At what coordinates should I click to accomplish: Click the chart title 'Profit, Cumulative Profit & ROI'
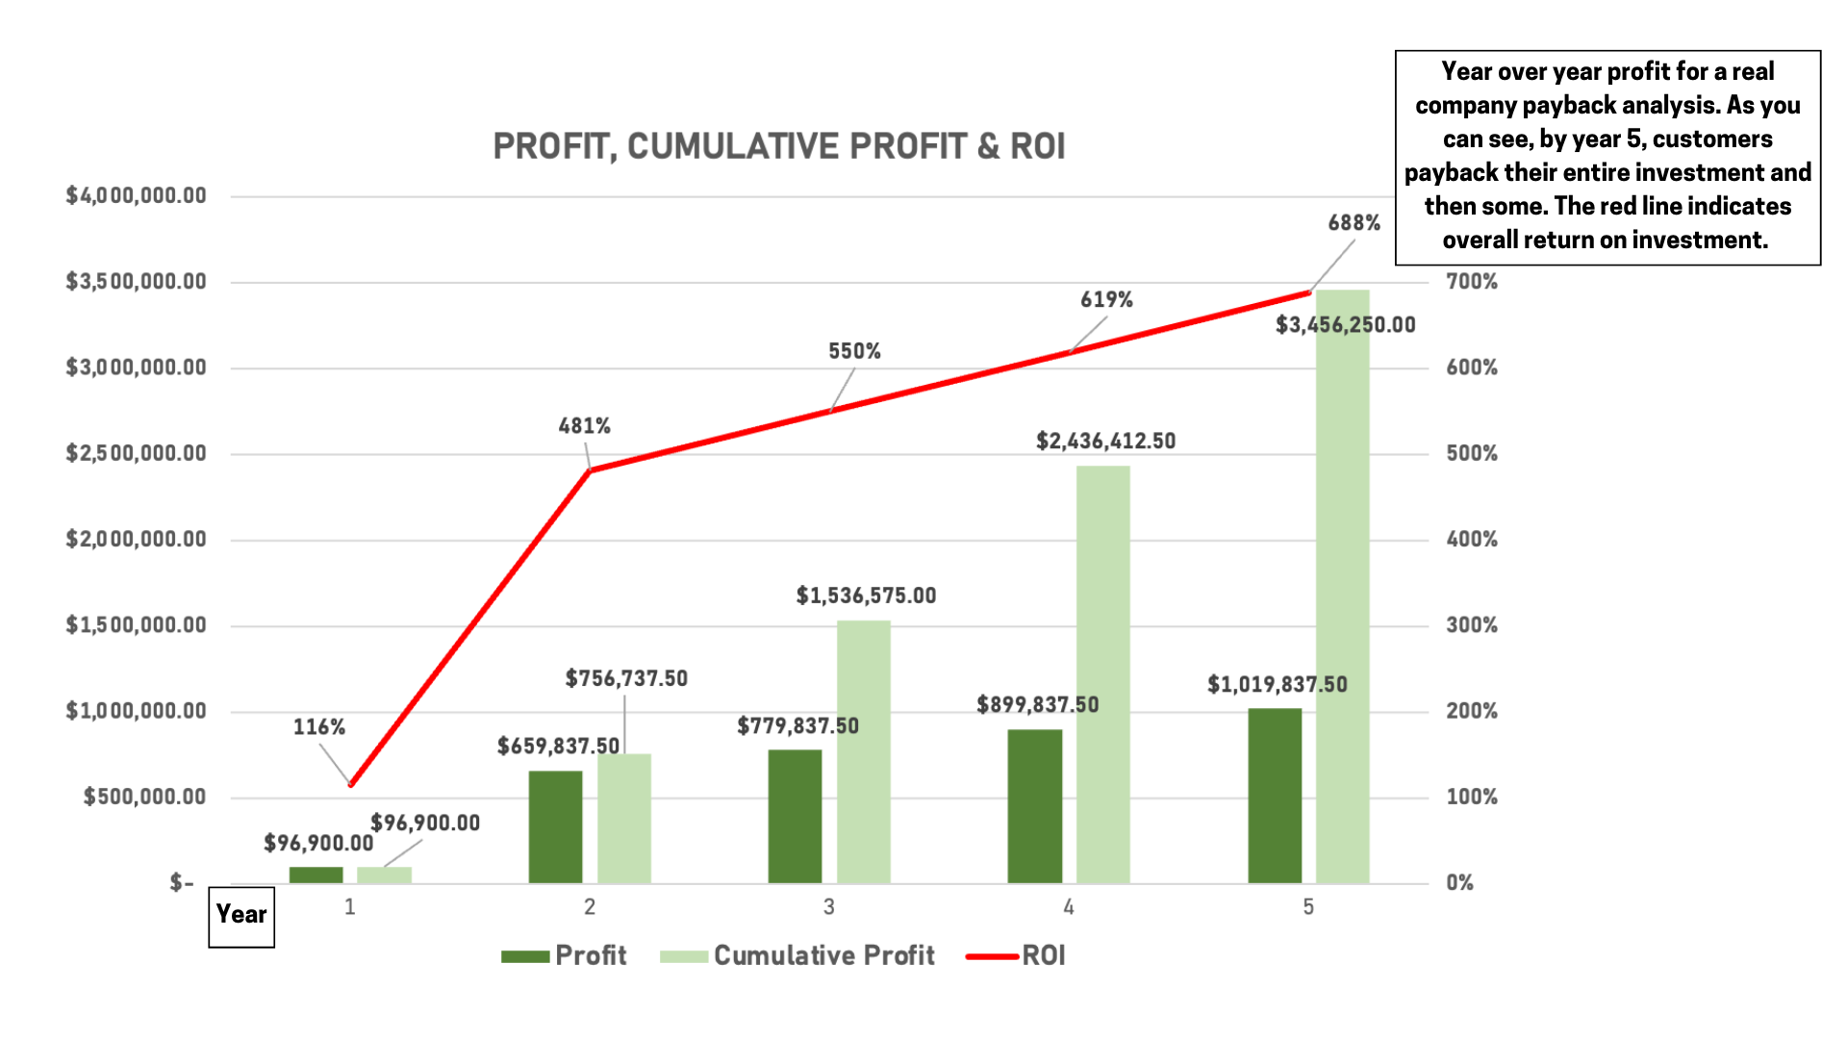(778, 146)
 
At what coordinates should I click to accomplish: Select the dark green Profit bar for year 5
(1275, 796)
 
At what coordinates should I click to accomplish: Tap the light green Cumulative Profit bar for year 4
(1102, 673)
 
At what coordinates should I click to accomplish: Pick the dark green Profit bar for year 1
(316, 874)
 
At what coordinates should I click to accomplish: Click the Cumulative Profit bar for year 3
(863, 751)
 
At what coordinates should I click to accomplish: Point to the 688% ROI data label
(1354, 223)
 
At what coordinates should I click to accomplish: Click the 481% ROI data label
(584, 425)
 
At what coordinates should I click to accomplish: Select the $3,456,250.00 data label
(1345, 325)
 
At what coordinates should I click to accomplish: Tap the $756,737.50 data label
(626, 678)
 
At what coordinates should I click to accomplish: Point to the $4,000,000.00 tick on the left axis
(136, 196)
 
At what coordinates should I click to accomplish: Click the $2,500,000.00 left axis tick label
(136, 453)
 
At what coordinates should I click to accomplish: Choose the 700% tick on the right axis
(1471, 282)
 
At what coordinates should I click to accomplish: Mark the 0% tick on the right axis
(1459, 883)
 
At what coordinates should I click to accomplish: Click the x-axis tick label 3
(828, 906)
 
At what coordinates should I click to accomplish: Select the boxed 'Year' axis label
(241, 915)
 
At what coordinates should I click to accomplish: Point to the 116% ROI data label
(318, 727)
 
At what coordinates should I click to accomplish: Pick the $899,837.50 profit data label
(1037, 705)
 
